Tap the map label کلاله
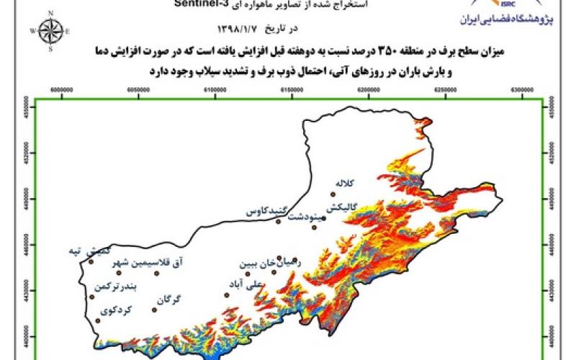tap(347, 184)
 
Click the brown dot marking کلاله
tap(333, 194)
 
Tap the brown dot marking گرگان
tap(154, 310)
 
